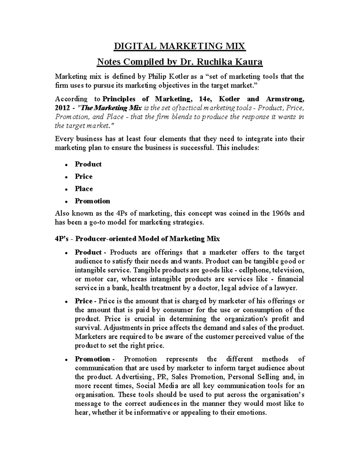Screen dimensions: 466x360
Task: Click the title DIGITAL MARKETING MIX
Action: (x=179, y=47)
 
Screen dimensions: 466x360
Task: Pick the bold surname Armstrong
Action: (x=285, y=99)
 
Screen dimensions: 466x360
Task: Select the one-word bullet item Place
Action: (x=84, y=189)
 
